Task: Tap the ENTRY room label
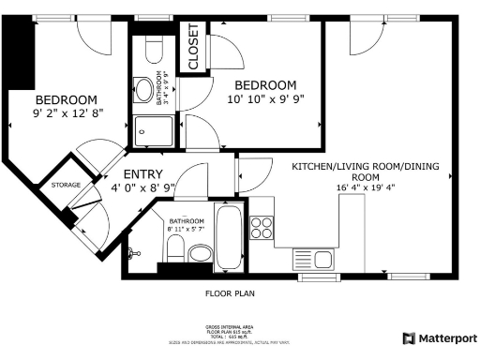point(143,174)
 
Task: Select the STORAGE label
point(66,185)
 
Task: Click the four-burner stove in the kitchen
point(262,227)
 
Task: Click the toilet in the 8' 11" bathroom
point(174,247)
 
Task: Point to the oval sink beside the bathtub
point(201,254)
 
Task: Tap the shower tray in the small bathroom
point(150,128)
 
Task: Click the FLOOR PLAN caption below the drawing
point(230,292)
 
